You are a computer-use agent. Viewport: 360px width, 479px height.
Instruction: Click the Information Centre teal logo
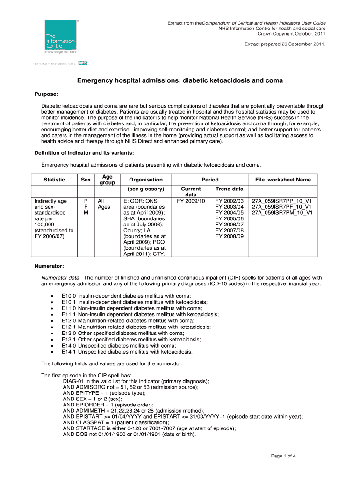pyautogui.click(x=60, y=38)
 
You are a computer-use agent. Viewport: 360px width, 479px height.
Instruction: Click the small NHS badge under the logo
pyautogui.click(x=83, y=62)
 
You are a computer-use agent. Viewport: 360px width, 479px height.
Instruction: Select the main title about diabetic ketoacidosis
pyautogui.click(x=180, y=81)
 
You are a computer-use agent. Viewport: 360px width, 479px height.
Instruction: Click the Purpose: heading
pyautogui.click(x=47, y=94)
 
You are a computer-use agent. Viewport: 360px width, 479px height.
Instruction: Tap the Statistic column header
pyautogui.click(x=54, y=180)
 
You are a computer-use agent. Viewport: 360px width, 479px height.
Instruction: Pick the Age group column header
pyautogui.click(x=107, y=180)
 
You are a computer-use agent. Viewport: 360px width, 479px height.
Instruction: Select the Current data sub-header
pyautogui.click(x=191, y=192)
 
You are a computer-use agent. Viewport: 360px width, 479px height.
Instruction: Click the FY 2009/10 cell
pyautogui.click(x=191, y=201)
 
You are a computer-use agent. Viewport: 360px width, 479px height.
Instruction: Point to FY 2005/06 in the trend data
pyautogui.click(x=229, y=218)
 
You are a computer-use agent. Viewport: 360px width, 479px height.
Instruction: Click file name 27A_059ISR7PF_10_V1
pyautogui.click(x=281, y=207)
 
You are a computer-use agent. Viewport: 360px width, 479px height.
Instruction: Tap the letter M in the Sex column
pyautogui.click(x=86, y=213)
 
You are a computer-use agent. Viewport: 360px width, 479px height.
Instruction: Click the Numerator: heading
pyautogui.click(x=50, y=266)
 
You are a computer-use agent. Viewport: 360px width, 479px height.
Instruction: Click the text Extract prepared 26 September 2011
pyautogui.click(x=285, y=44)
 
